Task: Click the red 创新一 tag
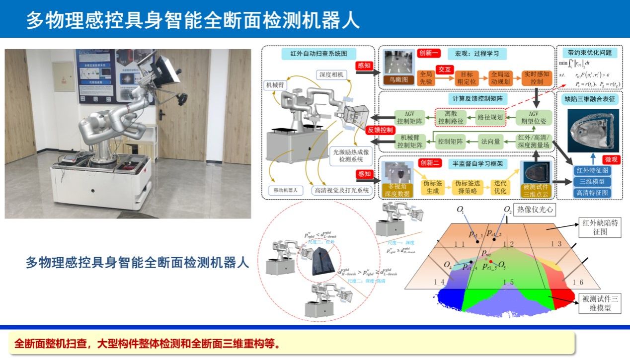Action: (428, 54)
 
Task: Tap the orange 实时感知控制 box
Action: (537, 77)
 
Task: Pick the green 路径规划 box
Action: (490, 118)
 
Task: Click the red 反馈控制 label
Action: (381, 129)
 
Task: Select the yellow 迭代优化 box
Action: (500, 187)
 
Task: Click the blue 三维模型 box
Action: (591, 182)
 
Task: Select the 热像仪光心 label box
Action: (536, 210)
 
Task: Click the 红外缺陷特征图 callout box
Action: (601, 228)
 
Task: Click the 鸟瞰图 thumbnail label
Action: (398, 79)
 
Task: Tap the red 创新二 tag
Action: (429, 163)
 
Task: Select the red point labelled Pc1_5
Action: (490, 261)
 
